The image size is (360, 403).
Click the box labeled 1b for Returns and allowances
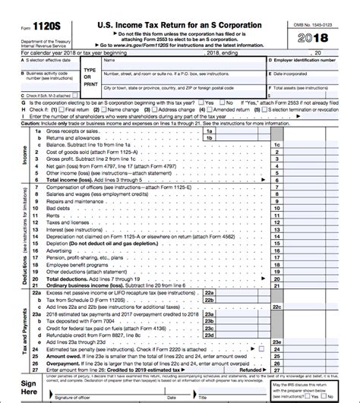pyautogui.click(x=229, y=138)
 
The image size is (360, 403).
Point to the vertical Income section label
pyautogui.click(x=26, y=156)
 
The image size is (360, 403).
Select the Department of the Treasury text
pyautogui.click(x=47, y=39)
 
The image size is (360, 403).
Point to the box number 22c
pyautogui.click(x=277, y=305)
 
